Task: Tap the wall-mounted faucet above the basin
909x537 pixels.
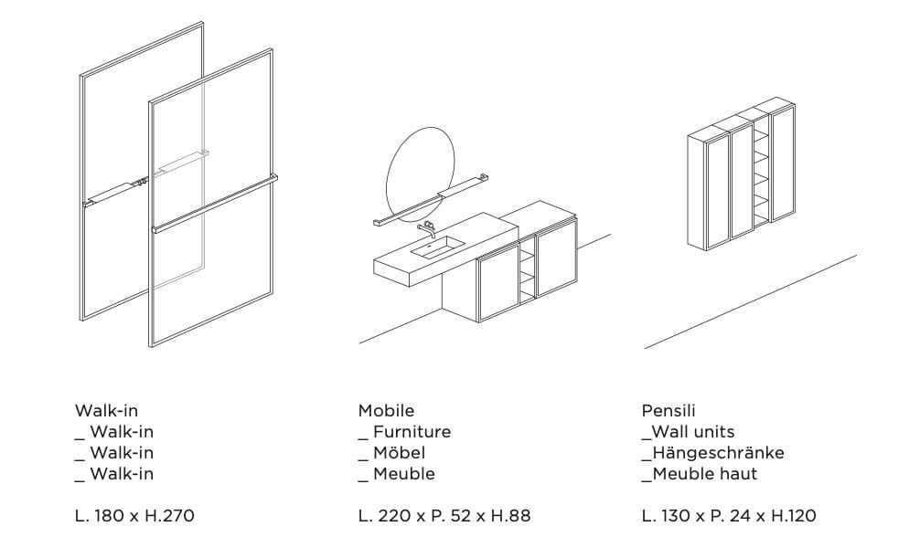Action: tap(425, 225)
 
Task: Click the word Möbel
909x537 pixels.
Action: tap(399, 453)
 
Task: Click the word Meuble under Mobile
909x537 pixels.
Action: tap(403, 474)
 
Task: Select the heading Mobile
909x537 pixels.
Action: tap(386, 411)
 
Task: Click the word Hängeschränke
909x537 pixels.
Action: tap(718, 453)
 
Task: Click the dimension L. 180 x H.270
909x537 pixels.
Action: tap(134, 516)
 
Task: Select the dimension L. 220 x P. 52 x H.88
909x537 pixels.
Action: tap(444, 516)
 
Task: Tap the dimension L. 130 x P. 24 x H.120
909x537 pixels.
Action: tap(729, 516)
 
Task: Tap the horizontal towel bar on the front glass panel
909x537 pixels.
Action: tap(215, 203)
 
